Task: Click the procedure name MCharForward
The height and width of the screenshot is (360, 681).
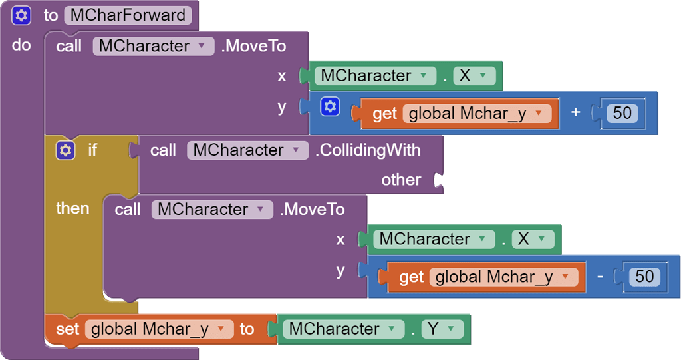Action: tap(128, 15)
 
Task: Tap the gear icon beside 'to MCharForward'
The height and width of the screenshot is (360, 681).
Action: tap(21, 15)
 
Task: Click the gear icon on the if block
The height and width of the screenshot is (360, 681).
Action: tap(65, 150)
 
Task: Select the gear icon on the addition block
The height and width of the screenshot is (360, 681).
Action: tap(330, 106)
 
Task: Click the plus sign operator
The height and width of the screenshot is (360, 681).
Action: tap(576, 113)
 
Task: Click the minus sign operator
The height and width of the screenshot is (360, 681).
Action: tap(600, 276)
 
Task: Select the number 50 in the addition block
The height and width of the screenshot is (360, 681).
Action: tap(622, 113)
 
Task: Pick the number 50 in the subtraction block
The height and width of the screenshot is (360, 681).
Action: tap(645, 276)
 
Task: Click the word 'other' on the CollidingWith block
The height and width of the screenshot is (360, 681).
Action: tap(401, 180)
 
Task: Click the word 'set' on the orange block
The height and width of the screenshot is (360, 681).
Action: tap(67, 329)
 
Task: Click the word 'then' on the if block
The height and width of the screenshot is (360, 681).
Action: tap(72, 208)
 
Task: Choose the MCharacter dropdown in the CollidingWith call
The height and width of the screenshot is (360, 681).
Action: tap(247, 150)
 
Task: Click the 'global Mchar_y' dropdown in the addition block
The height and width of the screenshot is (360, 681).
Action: tap(476, 113)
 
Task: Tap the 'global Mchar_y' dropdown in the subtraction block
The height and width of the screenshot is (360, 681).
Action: tap(503, 276)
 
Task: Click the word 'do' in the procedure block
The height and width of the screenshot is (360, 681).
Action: tap(21, 46)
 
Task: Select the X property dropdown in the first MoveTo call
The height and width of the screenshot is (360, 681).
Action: tap(474, 75)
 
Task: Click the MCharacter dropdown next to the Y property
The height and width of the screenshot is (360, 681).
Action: tap(342, 329)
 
